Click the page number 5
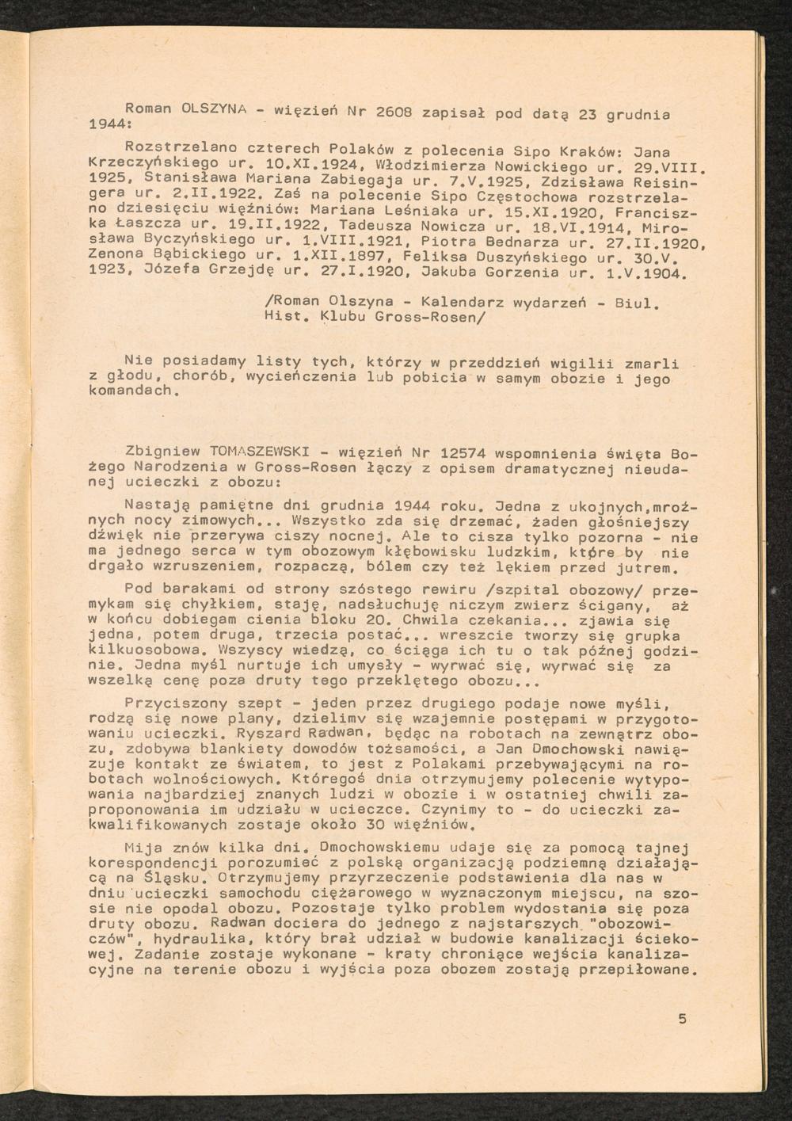coord(683,1019)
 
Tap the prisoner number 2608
coord(394,111)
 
